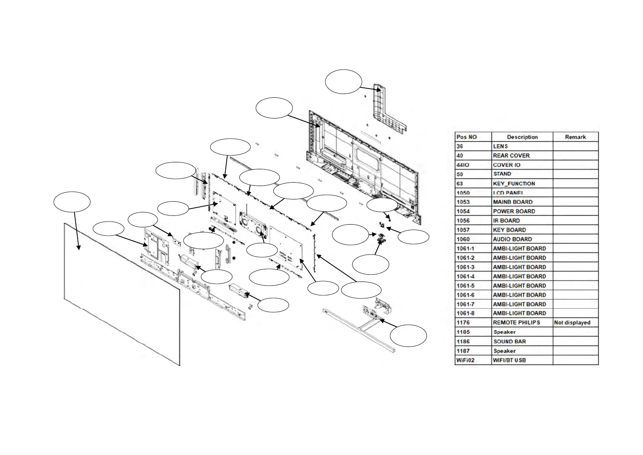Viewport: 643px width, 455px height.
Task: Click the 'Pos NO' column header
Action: [x=467, y=137]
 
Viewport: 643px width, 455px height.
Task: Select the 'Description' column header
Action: [x=522, y=137]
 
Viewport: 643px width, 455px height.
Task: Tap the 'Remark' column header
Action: [x=575, y=137]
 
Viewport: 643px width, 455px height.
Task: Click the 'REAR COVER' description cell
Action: [x=511, y=155]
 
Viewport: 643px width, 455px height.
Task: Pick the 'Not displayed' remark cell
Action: [x=572, y=322]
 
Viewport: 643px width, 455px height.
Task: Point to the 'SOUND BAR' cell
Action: [x=509, y=342]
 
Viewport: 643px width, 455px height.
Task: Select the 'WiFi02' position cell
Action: [x=466, y=360]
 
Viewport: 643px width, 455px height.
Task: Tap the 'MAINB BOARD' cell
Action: [x=512, y=202]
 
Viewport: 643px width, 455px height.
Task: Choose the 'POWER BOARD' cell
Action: [x=514, y=211]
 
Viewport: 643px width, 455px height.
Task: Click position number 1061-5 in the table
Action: [x=465, y=285]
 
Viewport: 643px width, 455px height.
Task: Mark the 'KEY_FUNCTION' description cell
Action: [x=514, y=183]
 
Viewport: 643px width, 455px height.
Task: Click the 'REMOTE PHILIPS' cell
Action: [x=516, y=322]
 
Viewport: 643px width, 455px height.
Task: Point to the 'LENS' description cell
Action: [x=500, y=146]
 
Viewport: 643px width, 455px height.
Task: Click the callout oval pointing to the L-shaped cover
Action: [x=343, y=81]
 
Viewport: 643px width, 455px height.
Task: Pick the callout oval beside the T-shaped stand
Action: [x=408, y=335]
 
